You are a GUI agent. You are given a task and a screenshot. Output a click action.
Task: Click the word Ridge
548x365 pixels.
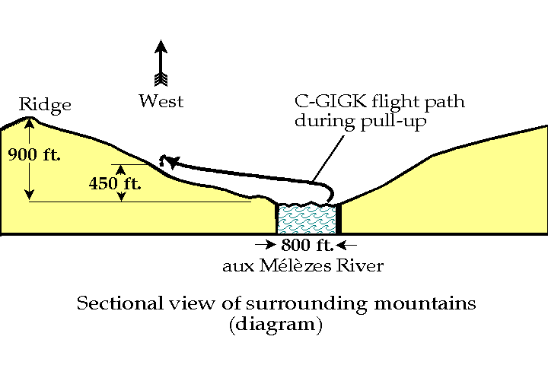(x=46, y=105)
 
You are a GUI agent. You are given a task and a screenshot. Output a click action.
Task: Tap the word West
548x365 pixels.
(x=161, y=100)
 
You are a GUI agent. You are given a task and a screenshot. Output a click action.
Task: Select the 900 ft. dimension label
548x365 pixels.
(x=34, y=155)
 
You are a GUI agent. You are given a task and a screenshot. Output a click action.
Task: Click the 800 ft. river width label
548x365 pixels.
(x=304, y=246)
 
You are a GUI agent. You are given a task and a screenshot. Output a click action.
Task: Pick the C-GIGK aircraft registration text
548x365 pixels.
(x=328, y=101)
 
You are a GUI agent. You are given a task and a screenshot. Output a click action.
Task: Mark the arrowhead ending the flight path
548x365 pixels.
(x=172, y=162)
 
